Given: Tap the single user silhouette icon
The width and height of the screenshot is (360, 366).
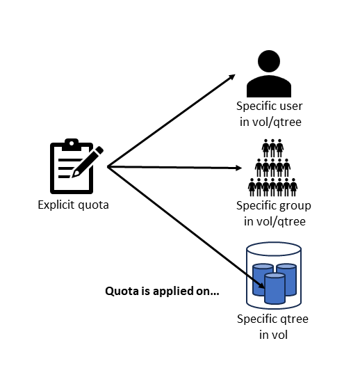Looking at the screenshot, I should pyautogui.click(x=268, y=74).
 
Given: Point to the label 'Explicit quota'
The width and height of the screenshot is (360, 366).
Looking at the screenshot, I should pyautogui.click(x=73, y=205).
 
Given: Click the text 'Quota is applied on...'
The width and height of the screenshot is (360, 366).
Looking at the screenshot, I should pyautogui.click(x=162, y=292).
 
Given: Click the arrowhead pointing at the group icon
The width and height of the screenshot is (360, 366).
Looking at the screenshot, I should pyautogui.click(x=238, y=168).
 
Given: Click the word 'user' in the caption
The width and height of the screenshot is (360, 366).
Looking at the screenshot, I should pyautogui.click(x=289, y=106).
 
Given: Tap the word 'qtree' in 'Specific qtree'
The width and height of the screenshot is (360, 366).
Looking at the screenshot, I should pyautogui.click(x=294, y=319).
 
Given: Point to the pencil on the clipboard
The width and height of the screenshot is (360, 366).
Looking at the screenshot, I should pyautogui.click(x=90, y=161).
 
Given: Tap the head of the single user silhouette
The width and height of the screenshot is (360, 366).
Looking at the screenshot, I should pyautogui.click(x=268, y=63).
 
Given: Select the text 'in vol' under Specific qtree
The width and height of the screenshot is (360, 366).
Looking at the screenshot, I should pyautogui.click(x=274, y=335).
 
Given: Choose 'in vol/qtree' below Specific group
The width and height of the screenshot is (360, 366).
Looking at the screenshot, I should pyautogui.click(x=274, y=222).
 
